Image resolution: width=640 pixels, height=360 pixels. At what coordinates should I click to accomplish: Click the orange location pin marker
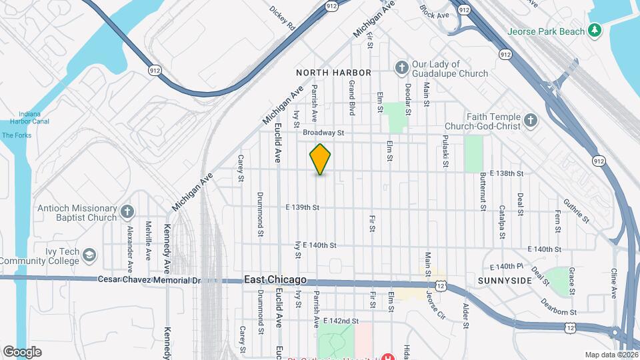coord(320,159)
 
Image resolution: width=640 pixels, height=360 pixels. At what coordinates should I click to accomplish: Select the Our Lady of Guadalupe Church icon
coord(401,67)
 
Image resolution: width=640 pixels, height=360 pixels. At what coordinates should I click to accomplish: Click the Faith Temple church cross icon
coord(531,120)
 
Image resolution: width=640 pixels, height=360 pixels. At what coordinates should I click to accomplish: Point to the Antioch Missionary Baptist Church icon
coord(128,213)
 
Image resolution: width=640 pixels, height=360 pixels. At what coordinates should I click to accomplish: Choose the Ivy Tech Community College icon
coord(90,255)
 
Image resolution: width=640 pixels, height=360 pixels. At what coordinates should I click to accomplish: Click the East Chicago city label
coord(275,280)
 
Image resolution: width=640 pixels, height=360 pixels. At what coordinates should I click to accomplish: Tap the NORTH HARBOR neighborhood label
coord(333,72)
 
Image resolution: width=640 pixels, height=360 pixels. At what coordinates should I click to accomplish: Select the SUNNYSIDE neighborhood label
coord(505,281)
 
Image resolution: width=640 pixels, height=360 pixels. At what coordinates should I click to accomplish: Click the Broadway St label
coord(323,133)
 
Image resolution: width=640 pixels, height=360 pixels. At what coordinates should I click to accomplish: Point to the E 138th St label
coord(511,173)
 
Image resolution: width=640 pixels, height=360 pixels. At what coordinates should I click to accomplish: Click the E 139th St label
coord(303,207)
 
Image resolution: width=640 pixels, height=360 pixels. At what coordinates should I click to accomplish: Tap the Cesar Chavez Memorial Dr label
coord(149,280)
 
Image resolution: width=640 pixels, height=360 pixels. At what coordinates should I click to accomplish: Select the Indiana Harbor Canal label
coord(25,117)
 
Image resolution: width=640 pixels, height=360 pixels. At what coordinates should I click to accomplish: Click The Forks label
coord(17,135)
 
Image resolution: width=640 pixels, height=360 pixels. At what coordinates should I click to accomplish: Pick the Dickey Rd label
coord(282,19)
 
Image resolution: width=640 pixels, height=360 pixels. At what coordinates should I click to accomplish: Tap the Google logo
coord(21,352)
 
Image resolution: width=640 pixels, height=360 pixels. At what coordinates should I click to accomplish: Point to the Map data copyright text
coord(611,355)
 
